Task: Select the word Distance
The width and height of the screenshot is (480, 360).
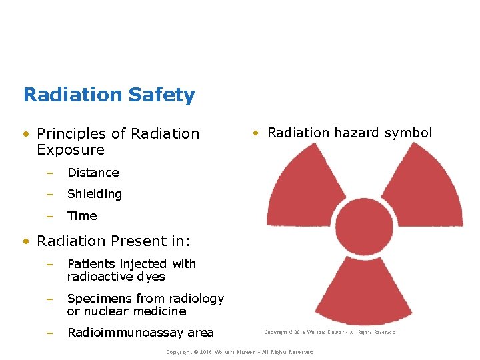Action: (93, 173)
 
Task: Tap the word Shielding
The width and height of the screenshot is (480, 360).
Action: (94, 194)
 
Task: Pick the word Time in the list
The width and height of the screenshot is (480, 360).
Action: (82, 216)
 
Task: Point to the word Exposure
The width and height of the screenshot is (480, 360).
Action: (71, 150)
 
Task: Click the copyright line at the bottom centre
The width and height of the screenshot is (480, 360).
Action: (239, 352)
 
